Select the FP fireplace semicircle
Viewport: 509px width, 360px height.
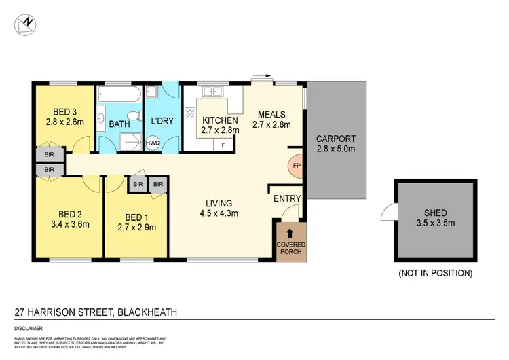tap(297, 165)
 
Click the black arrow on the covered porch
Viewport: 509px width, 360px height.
tap(290, 234)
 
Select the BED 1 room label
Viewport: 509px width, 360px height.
tap(137, 217)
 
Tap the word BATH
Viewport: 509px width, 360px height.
tap(119, 124)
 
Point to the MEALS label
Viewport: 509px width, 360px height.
tap(271, 114)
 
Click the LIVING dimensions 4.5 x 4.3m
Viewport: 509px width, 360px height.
tap(219, 213)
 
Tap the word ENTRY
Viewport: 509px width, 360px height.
tap(287, 198)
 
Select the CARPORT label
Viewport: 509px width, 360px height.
tap(336, 139)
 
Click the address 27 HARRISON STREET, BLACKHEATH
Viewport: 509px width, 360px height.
tap(96, 313)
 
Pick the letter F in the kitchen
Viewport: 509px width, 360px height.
tap(224, 145)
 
